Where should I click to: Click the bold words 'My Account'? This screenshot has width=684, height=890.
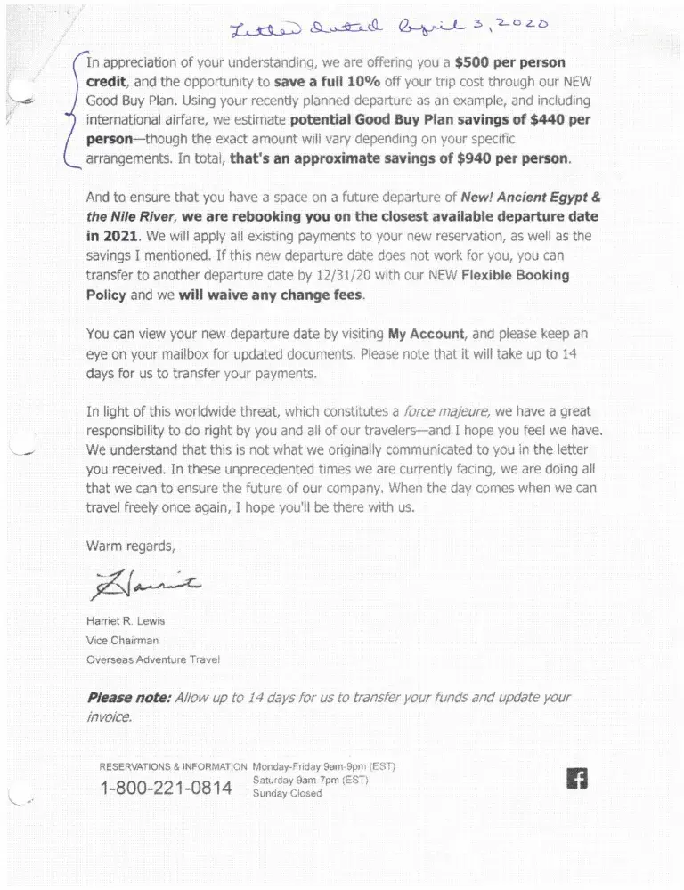[426, 334]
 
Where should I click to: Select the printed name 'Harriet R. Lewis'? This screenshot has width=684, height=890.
[125, 621]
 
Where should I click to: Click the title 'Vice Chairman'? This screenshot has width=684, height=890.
[122, 641]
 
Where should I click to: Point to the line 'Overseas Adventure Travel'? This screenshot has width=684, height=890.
[152, 659]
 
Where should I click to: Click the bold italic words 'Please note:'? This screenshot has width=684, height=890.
[128, 698]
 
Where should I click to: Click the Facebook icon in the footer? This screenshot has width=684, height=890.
[577, 779]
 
